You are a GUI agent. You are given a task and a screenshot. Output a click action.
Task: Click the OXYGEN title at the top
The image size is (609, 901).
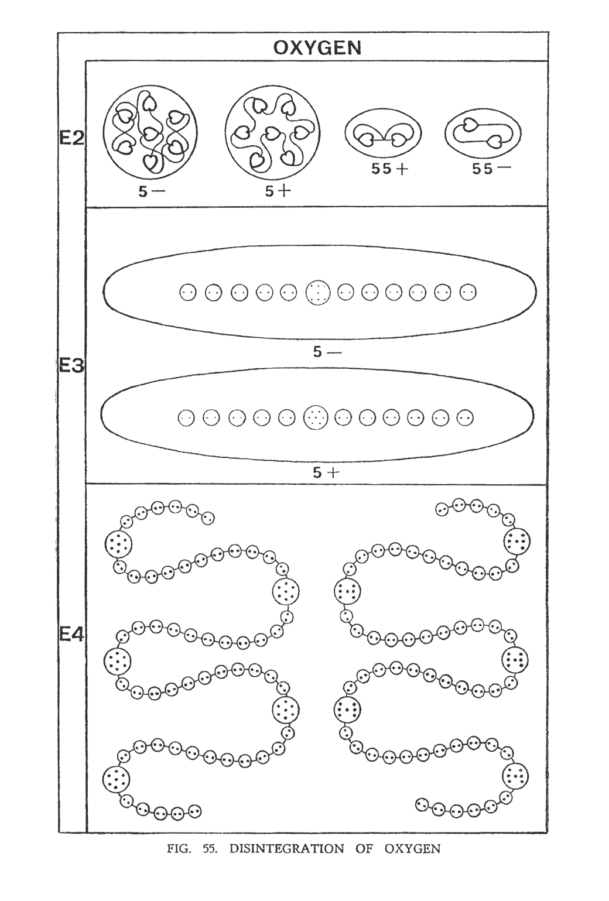[317, 48]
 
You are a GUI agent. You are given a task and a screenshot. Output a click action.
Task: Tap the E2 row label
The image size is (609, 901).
[71, 139]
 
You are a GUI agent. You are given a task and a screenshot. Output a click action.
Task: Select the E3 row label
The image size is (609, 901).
[71, 366]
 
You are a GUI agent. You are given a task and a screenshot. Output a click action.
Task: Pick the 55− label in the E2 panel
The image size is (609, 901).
[491, 169]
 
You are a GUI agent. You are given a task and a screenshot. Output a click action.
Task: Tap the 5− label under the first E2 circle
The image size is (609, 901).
[152, 192]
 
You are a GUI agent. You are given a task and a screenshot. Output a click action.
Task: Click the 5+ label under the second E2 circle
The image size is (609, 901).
[278, 192]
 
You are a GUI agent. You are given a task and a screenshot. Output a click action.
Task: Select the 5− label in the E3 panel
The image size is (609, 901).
[327, 352]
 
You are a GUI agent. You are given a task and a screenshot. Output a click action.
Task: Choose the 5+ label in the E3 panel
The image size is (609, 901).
[326, 472]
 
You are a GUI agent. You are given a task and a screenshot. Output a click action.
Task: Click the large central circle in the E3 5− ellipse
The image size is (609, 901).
[318, 292]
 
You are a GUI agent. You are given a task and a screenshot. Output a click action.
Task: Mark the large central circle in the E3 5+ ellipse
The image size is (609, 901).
[316, 417]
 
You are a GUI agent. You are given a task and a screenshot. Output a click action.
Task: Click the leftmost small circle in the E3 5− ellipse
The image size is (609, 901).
[188, 292]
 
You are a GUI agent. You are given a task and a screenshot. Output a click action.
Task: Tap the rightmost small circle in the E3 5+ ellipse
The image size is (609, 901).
[465, 417]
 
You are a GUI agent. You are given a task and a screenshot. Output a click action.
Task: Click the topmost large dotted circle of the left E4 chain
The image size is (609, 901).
[118, 544]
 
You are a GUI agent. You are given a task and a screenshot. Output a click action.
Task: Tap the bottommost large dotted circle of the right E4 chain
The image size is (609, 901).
[516, 776]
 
